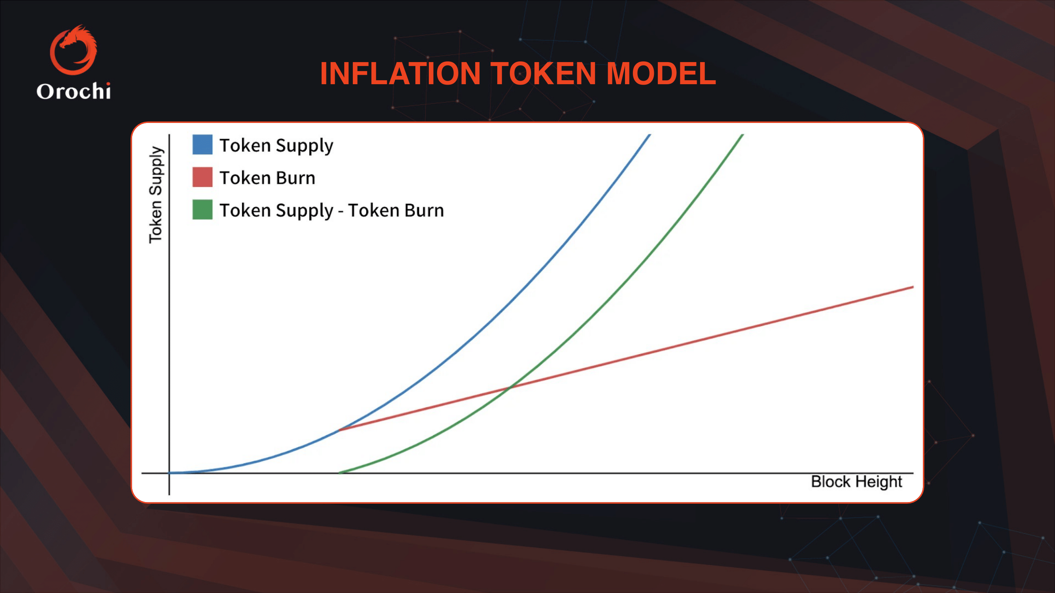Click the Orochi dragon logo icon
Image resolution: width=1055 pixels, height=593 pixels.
[74, 50]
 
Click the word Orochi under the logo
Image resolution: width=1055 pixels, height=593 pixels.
[74, 91]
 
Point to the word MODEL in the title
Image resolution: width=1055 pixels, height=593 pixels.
[661, 74]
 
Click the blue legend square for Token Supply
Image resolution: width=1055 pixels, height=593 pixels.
[202, 144]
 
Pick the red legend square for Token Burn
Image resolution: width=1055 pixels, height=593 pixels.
[202, 177]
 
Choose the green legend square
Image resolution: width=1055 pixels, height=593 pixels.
[202, 210]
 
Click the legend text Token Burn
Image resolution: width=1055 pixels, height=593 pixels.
[267, 178]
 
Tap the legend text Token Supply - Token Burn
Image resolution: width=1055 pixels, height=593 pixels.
[332, 210]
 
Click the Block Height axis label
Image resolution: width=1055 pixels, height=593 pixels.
[856, 482]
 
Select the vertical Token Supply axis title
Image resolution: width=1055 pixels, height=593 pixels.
[155, 195]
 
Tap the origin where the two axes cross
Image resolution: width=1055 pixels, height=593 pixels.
[169, 473]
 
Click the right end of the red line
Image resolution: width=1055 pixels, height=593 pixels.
[913, 287]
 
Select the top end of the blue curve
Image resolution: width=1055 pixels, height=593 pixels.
[649, 136]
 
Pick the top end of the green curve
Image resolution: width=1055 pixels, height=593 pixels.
[742, 136]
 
